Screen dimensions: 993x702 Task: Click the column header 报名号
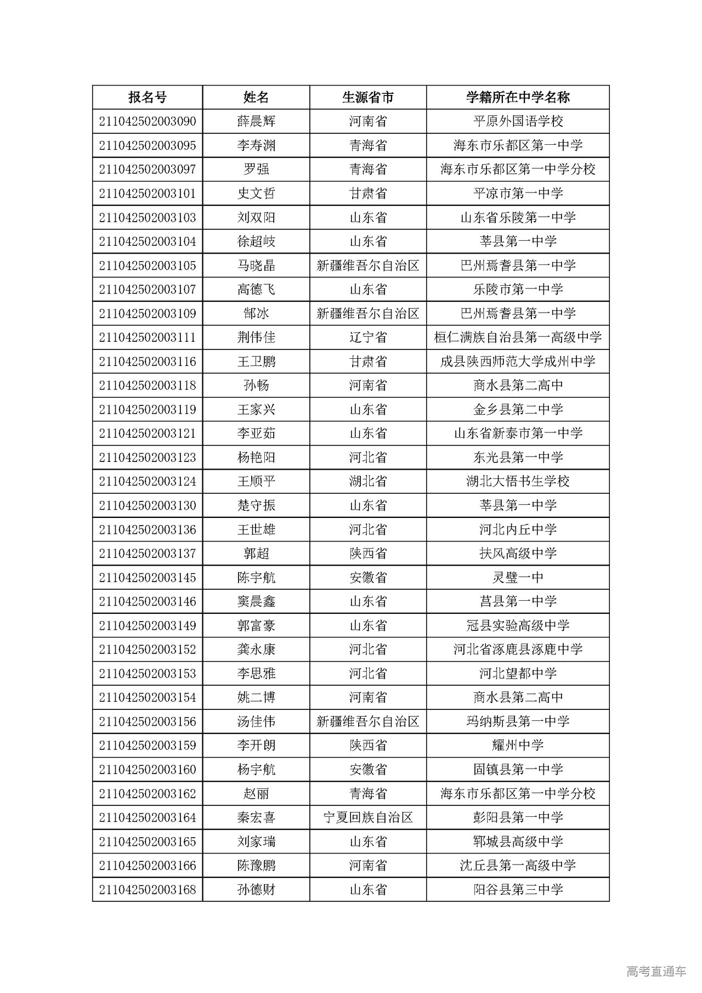click(x=147, y=98)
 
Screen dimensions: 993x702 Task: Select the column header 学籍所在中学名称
click(x=518, y=98)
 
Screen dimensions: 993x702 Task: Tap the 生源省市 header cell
click(x=367, y=98)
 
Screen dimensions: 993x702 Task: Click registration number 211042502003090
click(x=147, y=121)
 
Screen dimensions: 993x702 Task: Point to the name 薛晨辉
click(x=256, y=121)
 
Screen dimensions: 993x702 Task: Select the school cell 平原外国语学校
click(x=518, y=121)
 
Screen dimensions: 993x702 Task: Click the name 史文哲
click(x=256, y=193)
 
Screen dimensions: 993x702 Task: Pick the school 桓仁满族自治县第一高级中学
click(x=518, y=337)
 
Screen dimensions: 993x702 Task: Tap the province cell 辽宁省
click(x=367, y=337)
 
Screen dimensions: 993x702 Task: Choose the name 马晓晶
click(x=256, y=266)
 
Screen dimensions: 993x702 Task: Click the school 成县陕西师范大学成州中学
click(x=518, y=362)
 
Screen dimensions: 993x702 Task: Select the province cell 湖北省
click(x=367, y=482)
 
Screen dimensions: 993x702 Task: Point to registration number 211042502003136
click(x=147, y=529)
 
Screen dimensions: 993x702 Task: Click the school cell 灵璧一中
click(x=518, y=578)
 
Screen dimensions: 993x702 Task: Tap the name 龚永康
click(x=256, y=650)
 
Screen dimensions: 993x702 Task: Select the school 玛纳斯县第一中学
click(x=518, y=721)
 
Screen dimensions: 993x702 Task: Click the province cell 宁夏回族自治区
click(x=367, y=817)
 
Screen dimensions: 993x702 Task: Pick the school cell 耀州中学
click(x=518, y=746)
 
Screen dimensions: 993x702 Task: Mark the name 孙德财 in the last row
click(x=256, y=889)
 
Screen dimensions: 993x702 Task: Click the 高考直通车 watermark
click(x=655, y=971)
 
